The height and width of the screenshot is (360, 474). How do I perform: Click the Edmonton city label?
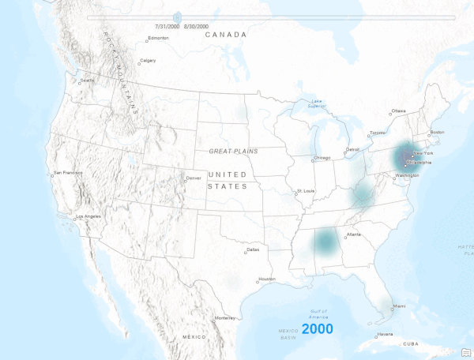[x=159, y=38]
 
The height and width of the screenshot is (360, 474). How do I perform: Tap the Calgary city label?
[x=147, y=61]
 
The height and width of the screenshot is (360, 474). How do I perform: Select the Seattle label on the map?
[x=87, y=81]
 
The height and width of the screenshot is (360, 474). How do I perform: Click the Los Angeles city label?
[x=88, y=217]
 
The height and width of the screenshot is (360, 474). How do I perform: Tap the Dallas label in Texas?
[x=253, y=250]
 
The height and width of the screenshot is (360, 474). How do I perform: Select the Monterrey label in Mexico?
[x=226, y=317]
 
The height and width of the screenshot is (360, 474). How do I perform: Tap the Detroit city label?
[x=352, y=149]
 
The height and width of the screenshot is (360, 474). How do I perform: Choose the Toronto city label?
[x=379, y=133]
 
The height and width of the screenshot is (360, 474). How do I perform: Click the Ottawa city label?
[x=399, y=111]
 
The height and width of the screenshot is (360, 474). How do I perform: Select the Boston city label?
[x=437, y=132]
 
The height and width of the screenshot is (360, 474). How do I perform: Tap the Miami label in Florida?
[x=400, y=306]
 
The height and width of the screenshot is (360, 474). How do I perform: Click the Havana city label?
[x=385, y=334]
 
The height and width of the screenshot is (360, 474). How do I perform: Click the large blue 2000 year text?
[x=317, y=328]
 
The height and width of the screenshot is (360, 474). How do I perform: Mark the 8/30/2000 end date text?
[x=202, y=26]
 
